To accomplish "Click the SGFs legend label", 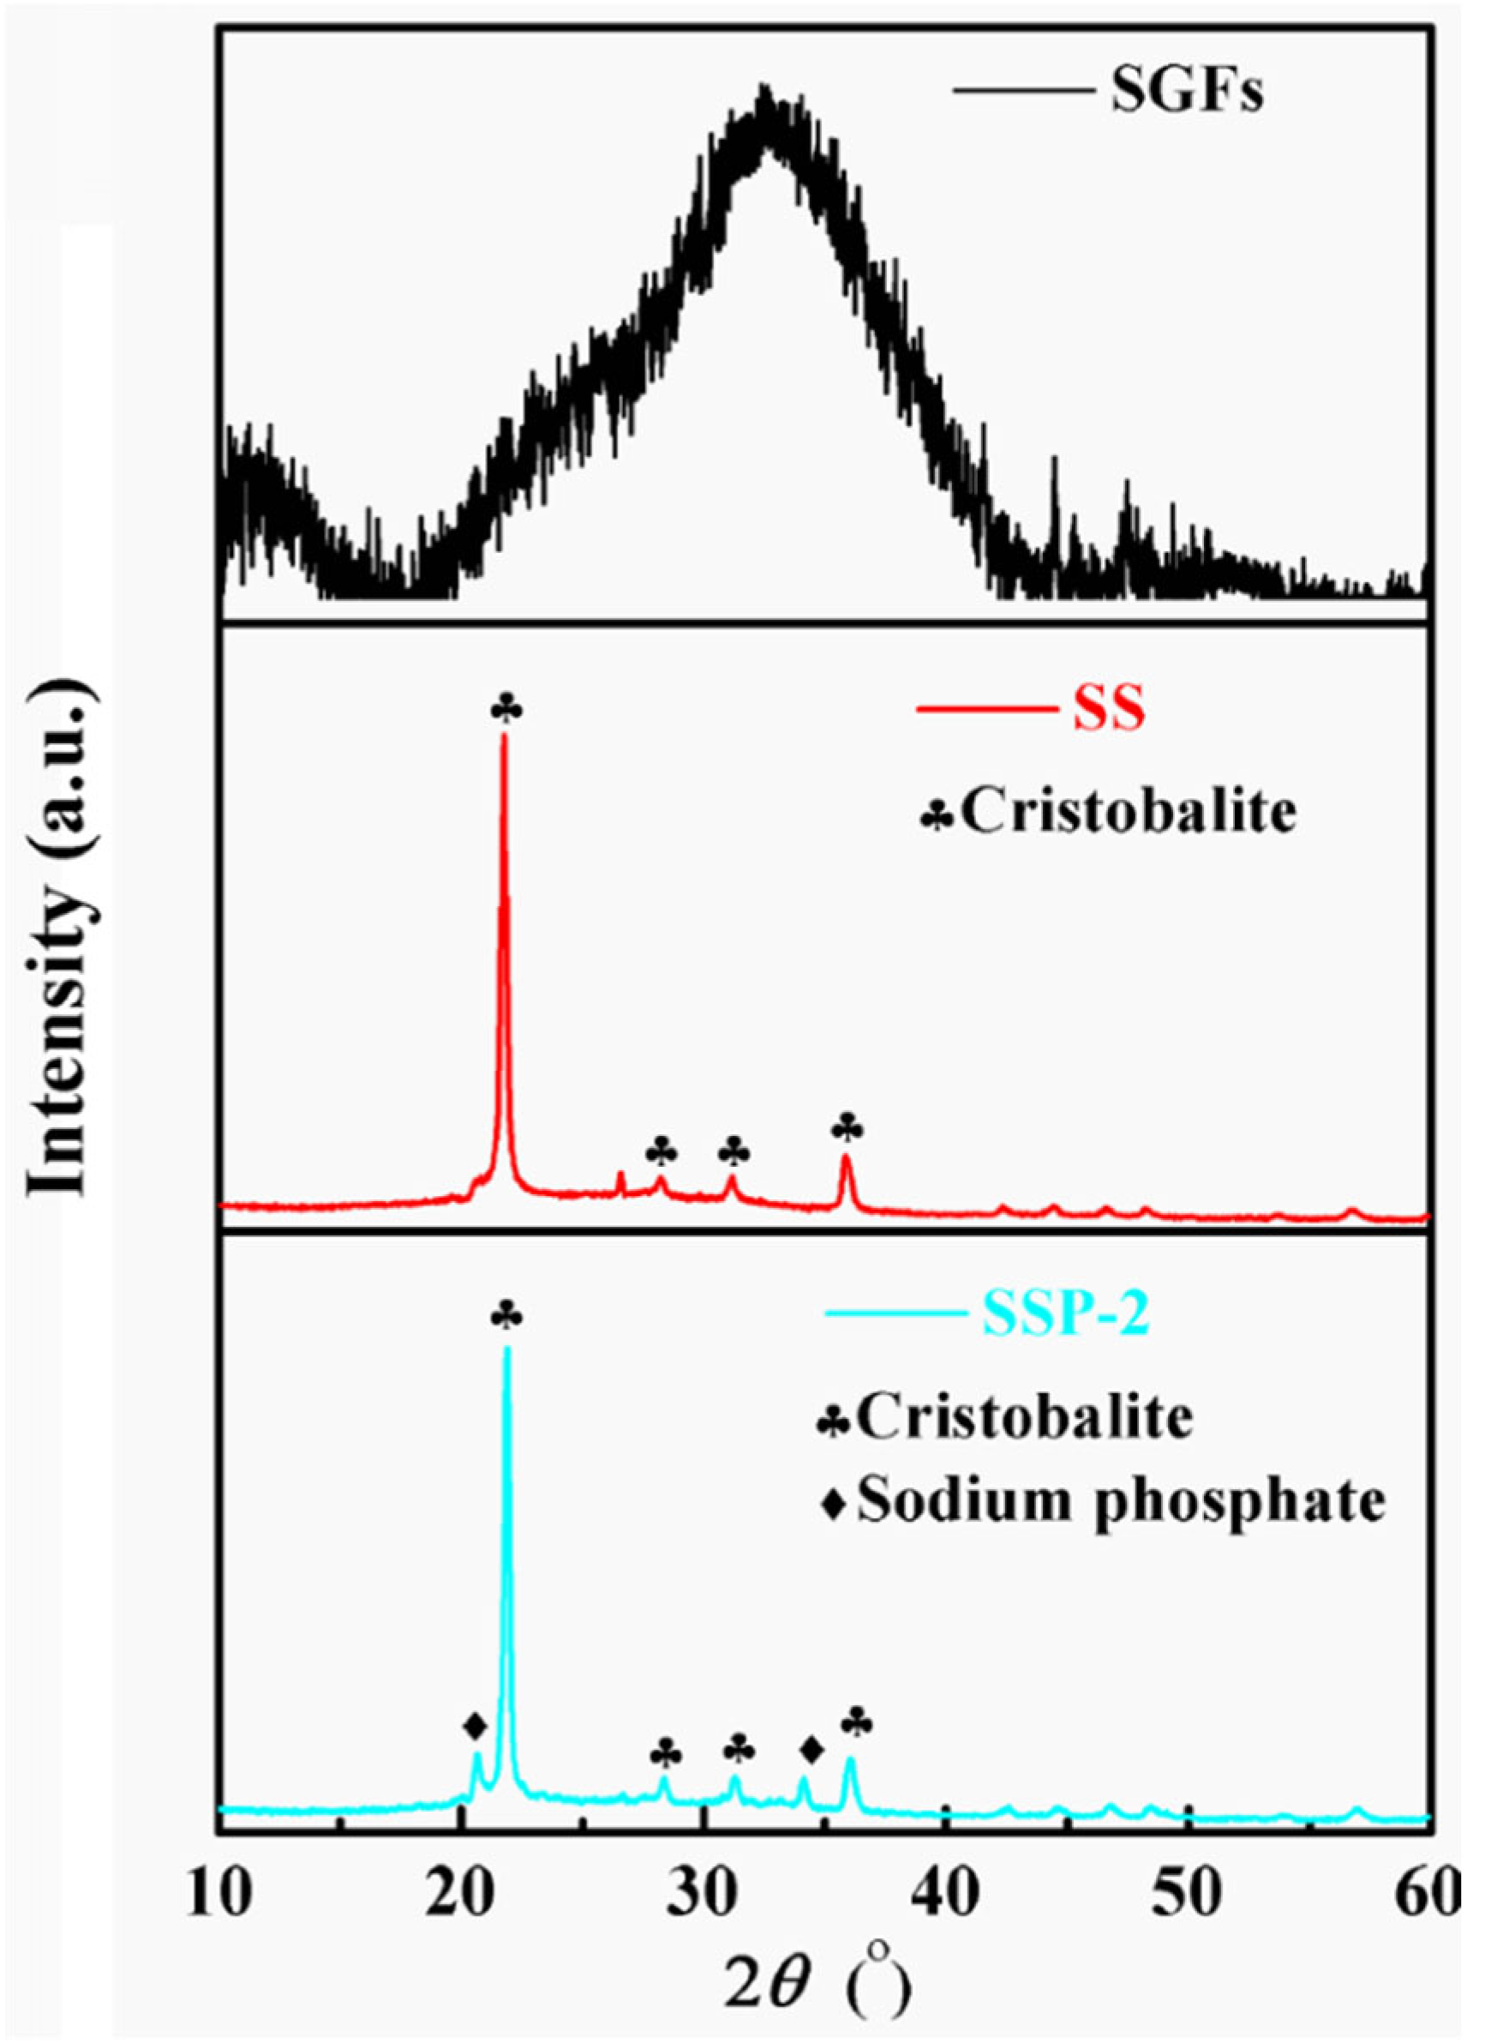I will [x=1186, y=93].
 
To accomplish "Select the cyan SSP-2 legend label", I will [x=1065, y=1318].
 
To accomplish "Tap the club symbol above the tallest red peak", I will [x=506, y=708].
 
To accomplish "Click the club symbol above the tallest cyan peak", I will [x=507, y=1316].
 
